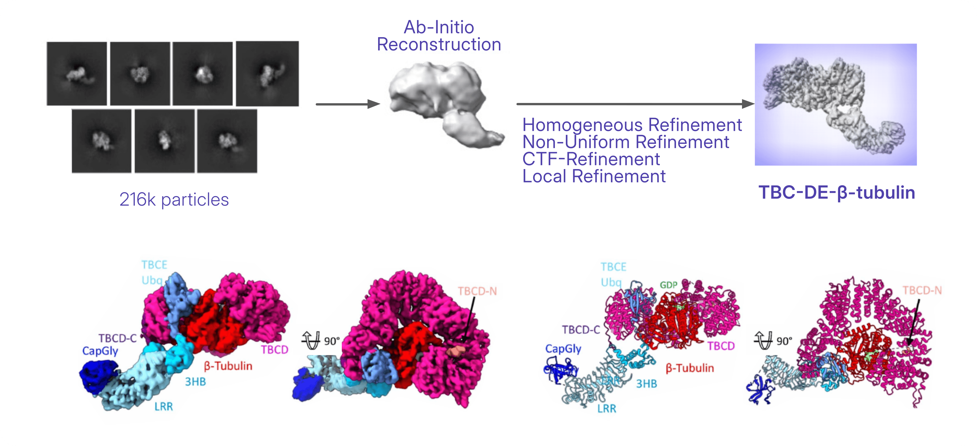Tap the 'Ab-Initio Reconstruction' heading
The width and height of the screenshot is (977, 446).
pyautogui.click(x=439, y=36)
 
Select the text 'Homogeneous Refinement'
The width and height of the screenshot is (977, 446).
pyautogui.click(x=632, y=125)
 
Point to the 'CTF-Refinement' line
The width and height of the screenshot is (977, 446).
pyautogui.click(x=591, y=159)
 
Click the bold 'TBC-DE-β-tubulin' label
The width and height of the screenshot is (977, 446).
pyautogui.click(x=837, y=192)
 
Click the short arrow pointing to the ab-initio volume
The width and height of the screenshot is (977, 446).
pyautogui.click(x=348, y=104)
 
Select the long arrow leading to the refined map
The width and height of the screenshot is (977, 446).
pyautogui.click(x=635, y=104)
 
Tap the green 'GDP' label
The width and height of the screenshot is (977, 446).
pyautogui.click(x=668, y=285)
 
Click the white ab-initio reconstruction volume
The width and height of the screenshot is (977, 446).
pyautogui.click(x=446, y=104)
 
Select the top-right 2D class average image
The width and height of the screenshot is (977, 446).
pyautogui.click(x=267, y=73)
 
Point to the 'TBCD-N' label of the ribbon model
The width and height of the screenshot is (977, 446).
pyautogui.click(x=922, y=291)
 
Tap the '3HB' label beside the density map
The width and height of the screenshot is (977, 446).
pyautogui.click(x=195, y=382)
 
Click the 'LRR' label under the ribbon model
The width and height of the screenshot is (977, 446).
pyautogui.click(x=607, y=409)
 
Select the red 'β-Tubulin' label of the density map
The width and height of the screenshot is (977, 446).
pyautogui.click(x=228, y=366)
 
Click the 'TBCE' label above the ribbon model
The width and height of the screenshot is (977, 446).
pyautogui.click(x=613, y=267)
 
